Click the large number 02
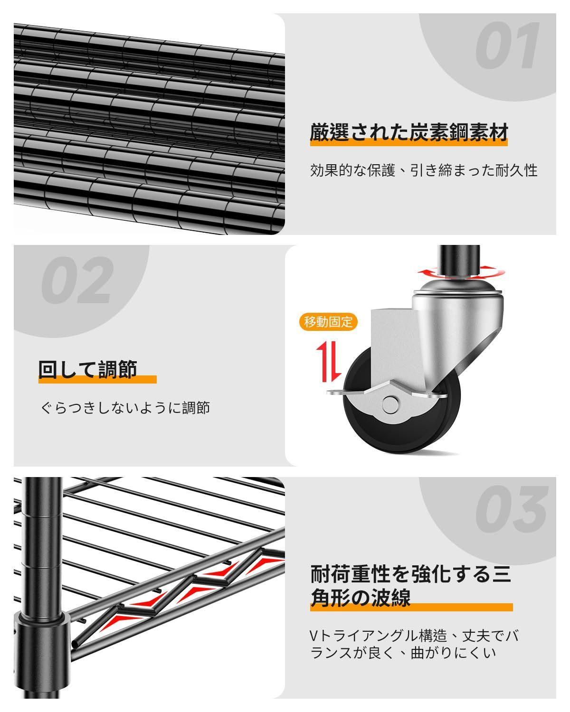click(x=77, y=280)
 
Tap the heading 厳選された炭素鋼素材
click(x=409, y=132)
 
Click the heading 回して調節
click(x=88, y=369)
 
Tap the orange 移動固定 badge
click(x=328, y=322)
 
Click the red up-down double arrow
click(x=329, y=363)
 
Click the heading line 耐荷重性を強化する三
click(x=411, y=574)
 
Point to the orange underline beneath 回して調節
click(x=97, y=380)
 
